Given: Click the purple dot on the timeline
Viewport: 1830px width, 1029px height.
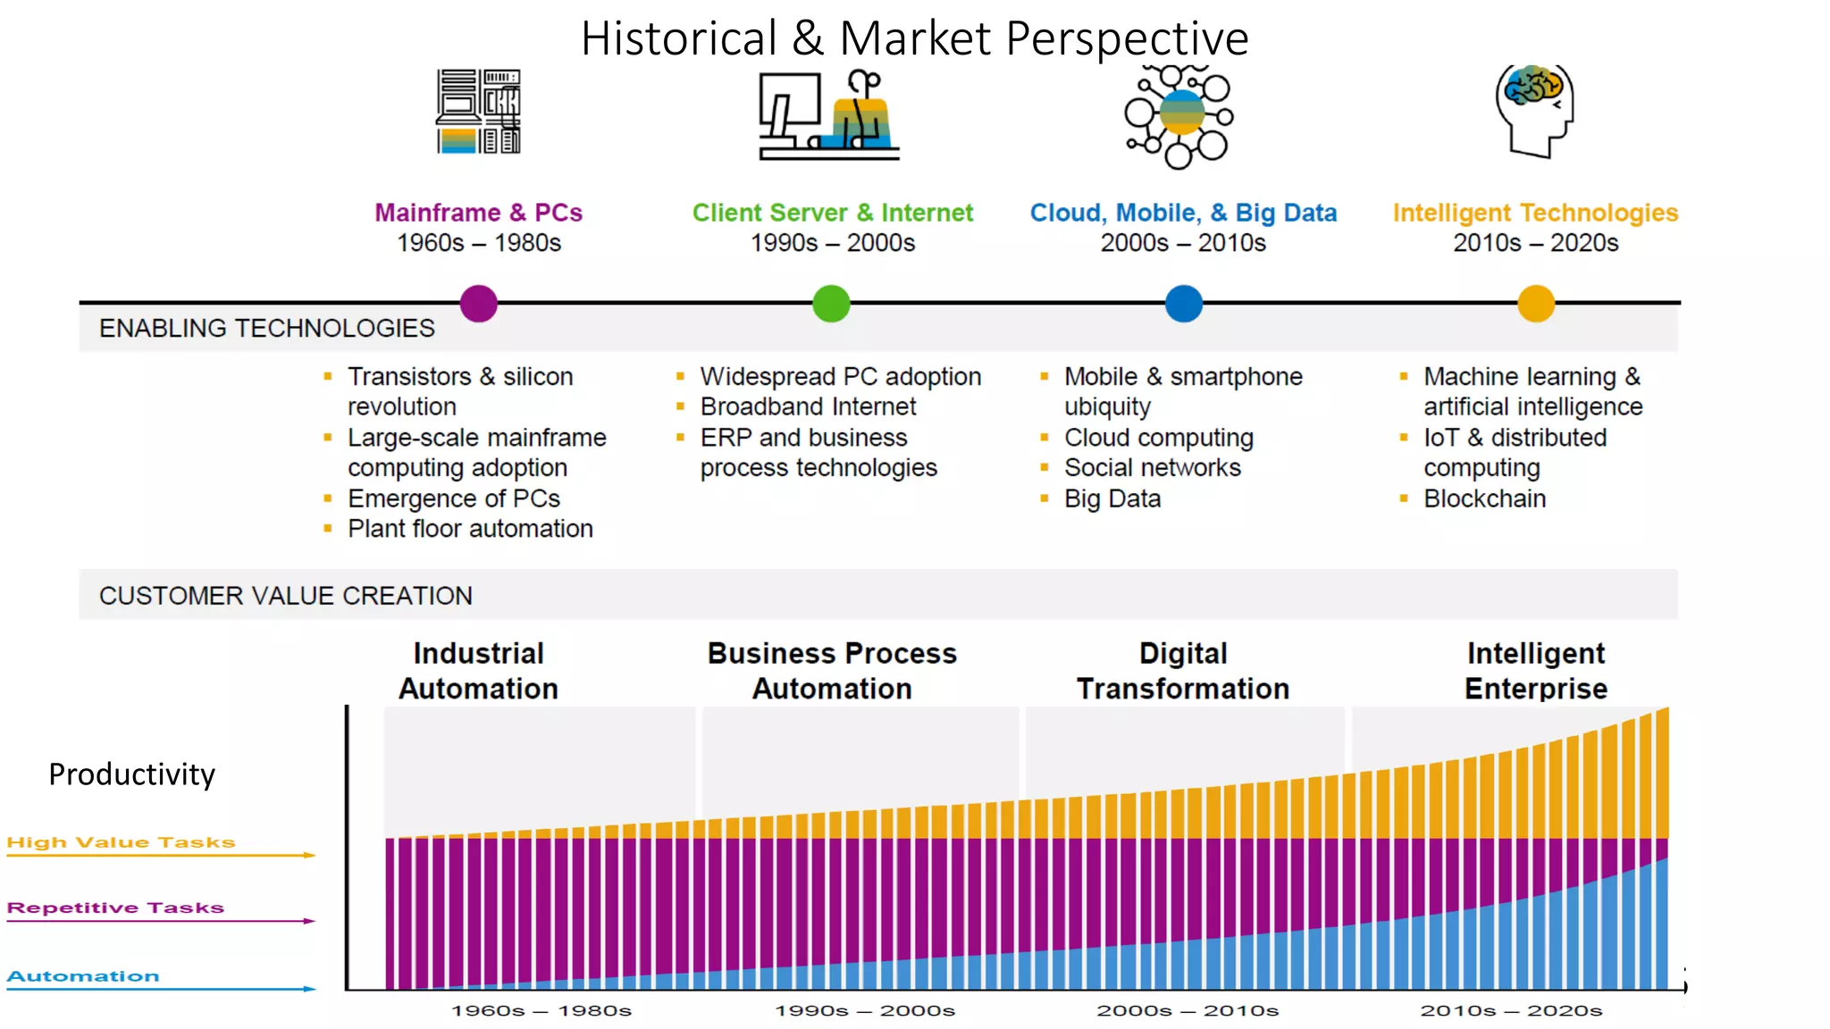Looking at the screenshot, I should [478, 304].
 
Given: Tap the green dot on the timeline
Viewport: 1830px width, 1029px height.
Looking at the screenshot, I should [831, 304].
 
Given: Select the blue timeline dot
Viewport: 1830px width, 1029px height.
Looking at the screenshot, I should [1184, 304].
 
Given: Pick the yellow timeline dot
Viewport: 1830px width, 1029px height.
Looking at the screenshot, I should [1536, 304].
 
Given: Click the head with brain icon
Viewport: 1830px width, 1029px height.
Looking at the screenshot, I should [1534, 111].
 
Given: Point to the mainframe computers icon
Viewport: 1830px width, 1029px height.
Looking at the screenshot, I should [478, 112].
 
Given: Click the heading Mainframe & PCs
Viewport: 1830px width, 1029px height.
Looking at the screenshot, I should [478, 213].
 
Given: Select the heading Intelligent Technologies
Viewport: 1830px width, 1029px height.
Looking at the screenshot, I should [1535, 213].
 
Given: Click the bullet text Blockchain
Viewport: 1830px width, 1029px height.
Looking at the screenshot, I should [1484, 498].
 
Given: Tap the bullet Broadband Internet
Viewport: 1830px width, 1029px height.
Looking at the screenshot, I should [808, 406].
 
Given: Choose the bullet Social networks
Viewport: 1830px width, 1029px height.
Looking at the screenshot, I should [1152, 468].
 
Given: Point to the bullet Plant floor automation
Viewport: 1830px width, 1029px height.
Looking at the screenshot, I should [470, 529].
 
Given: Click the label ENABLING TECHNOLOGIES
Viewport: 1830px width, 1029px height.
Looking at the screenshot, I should [266, 328].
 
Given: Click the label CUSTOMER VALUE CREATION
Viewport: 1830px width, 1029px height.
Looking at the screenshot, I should [285, 596].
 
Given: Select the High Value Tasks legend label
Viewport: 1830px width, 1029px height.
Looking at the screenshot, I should [121, 842].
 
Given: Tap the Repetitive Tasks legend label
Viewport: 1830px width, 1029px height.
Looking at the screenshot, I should [115, 908].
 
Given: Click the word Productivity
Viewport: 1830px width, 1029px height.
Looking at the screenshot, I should [131, 774].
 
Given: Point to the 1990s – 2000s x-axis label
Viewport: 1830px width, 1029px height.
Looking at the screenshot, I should [864, 1010].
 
